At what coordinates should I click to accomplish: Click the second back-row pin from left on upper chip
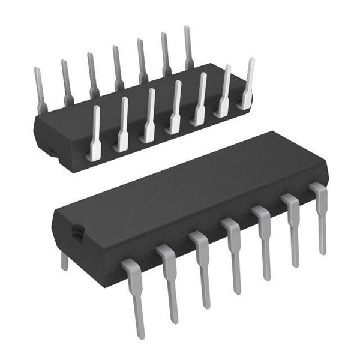[65, 81]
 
